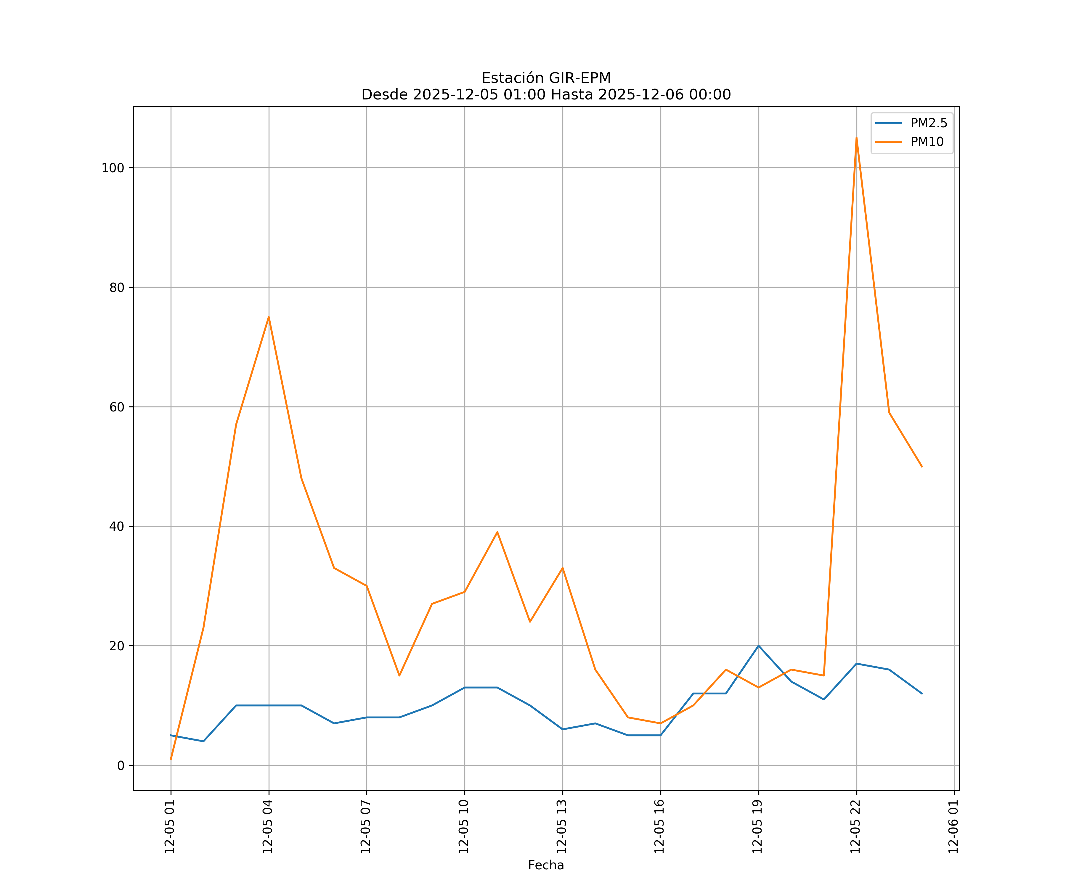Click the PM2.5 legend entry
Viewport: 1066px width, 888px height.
coord(928,123)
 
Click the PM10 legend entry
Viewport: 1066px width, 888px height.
coord(927,142)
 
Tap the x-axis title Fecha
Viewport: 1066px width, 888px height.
coord(546,865)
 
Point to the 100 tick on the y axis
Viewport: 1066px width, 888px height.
coord(113,168)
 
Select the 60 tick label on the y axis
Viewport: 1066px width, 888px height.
coord(117,407)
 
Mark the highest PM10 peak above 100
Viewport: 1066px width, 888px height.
coord(856,138)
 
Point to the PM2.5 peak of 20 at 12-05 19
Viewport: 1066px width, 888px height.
coord(758,646)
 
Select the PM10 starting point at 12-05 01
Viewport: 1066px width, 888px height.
coord(171,759)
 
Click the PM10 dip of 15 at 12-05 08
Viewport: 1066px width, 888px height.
coord(399,675)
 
